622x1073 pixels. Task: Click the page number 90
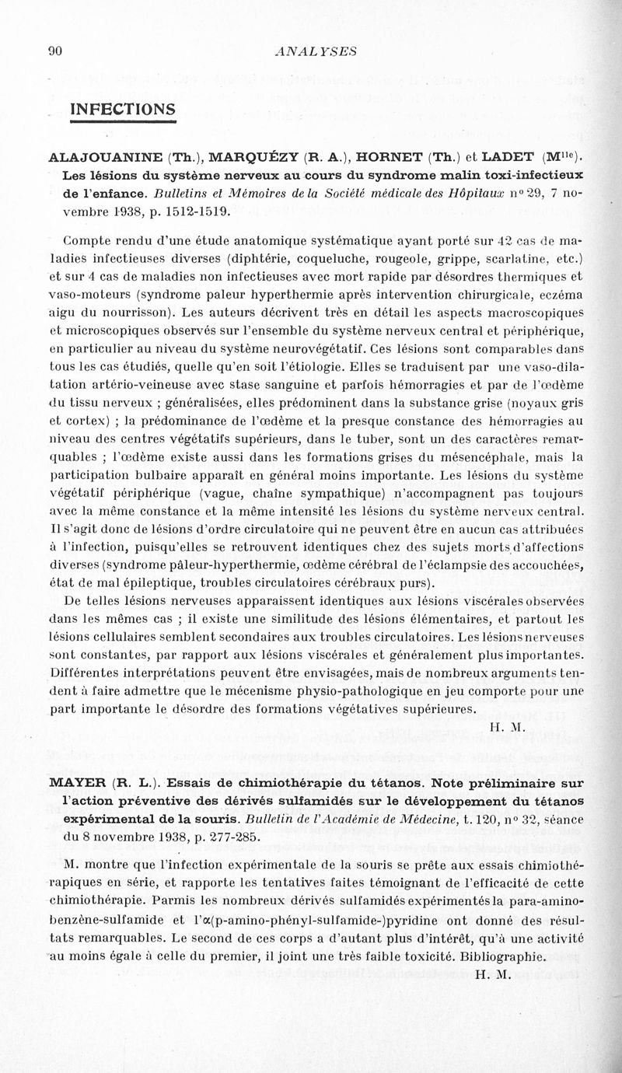(54, 51)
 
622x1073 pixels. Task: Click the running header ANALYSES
(316, 51)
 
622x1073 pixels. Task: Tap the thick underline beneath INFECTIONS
(124, 121)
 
